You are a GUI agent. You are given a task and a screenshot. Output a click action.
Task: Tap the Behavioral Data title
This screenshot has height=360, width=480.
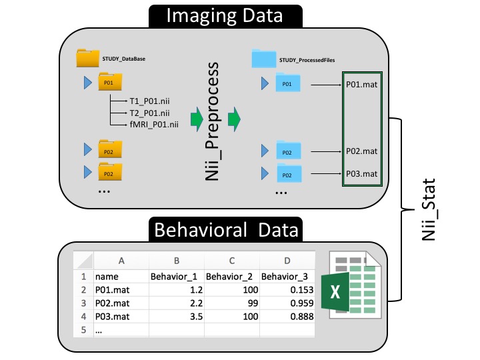(x=225, y=231)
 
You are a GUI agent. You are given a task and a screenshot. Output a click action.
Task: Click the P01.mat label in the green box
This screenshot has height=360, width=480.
(x=361, y=85)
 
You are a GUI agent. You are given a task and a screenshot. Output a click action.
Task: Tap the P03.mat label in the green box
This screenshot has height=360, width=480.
(x=361, y=174)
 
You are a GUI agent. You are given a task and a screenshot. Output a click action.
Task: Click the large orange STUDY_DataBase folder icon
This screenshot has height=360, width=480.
(x=87, y=58)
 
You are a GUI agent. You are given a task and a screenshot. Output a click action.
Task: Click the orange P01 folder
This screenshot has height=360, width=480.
(x=106, y=83)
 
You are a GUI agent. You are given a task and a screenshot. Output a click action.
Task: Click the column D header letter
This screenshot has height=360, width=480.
(x=287, y=261)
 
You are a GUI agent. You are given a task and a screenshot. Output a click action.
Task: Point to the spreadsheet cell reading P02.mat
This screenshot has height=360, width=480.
(x=113, y=303)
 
